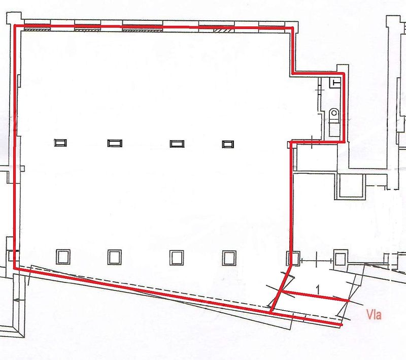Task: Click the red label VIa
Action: (x=374, y=315)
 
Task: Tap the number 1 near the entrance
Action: (x=318, y=289)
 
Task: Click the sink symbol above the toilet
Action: (x=335, y=83)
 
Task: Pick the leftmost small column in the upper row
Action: (x=60, y=143)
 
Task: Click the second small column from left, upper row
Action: (x=115, y=143)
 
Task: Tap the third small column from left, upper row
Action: (x=177, y=144)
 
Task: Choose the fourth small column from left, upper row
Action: (x=228, y=144)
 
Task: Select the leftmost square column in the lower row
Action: (x=63, y=256)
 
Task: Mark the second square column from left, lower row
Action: (x=115, y=257)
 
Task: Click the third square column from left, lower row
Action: (x=177, y=258)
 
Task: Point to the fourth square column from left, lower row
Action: (x=229, y=258)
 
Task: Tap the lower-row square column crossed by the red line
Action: (x=293, y=258)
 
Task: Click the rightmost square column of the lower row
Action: (x=341, y=257)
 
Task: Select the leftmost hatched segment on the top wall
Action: (x=37, y=29)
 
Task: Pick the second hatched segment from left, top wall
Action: (x=87, y=29)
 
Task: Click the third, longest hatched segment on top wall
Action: (x=143, y=30)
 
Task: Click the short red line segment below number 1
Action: (x=315, y=296)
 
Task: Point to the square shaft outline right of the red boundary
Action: (x=350, y=186)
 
